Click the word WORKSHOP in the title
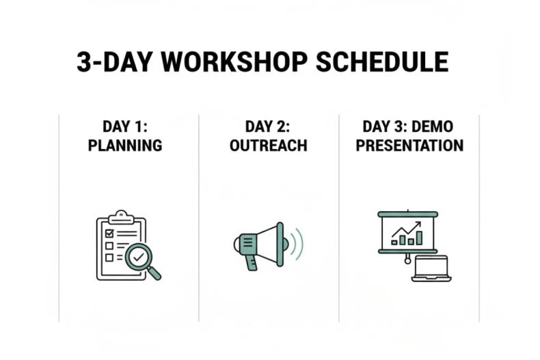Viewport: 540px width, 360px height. (x=234, y=62)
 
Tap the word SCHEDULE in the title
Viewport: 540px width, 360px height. (x=382, y=62)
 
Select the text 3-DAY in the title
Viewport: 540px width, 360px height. (x=115, y=62)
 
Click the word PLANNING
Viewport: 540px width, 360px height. (x=125, y=146)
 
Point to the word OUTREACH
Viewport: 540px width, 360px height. (x=268, y=146)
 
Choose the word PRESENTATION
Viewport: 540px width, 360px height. (x=409, y=146)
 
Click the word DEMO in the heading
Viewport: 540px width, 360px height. (x=432, y=126)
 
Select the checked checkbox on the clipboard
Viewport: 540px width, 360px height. (x=109, y=234)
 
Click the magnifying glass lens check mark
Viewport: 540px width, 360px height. (x=139, y=257)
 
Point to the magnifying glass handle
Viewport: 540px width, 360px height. (x=154, y=273)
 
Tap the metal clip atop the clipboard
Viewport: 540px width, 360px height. (x=121, y=217)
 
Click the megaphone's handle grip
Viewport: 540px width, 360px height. (x=252, y=263)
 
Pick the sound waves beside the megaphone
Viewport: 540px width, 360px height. (x=297, y=244)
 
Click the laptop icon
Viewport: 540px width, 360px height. (x=431, y=268)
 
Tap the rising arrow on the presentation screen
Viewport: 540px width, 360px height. (x=407, y=230)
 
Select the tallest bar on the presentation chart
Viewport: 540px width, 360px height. (x=419, y=238)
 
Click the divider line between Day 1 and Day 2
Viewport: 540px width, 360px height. (x=199, y=218)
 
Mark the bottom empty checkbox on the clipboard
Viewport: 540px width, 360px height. (x=109, y=258)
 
